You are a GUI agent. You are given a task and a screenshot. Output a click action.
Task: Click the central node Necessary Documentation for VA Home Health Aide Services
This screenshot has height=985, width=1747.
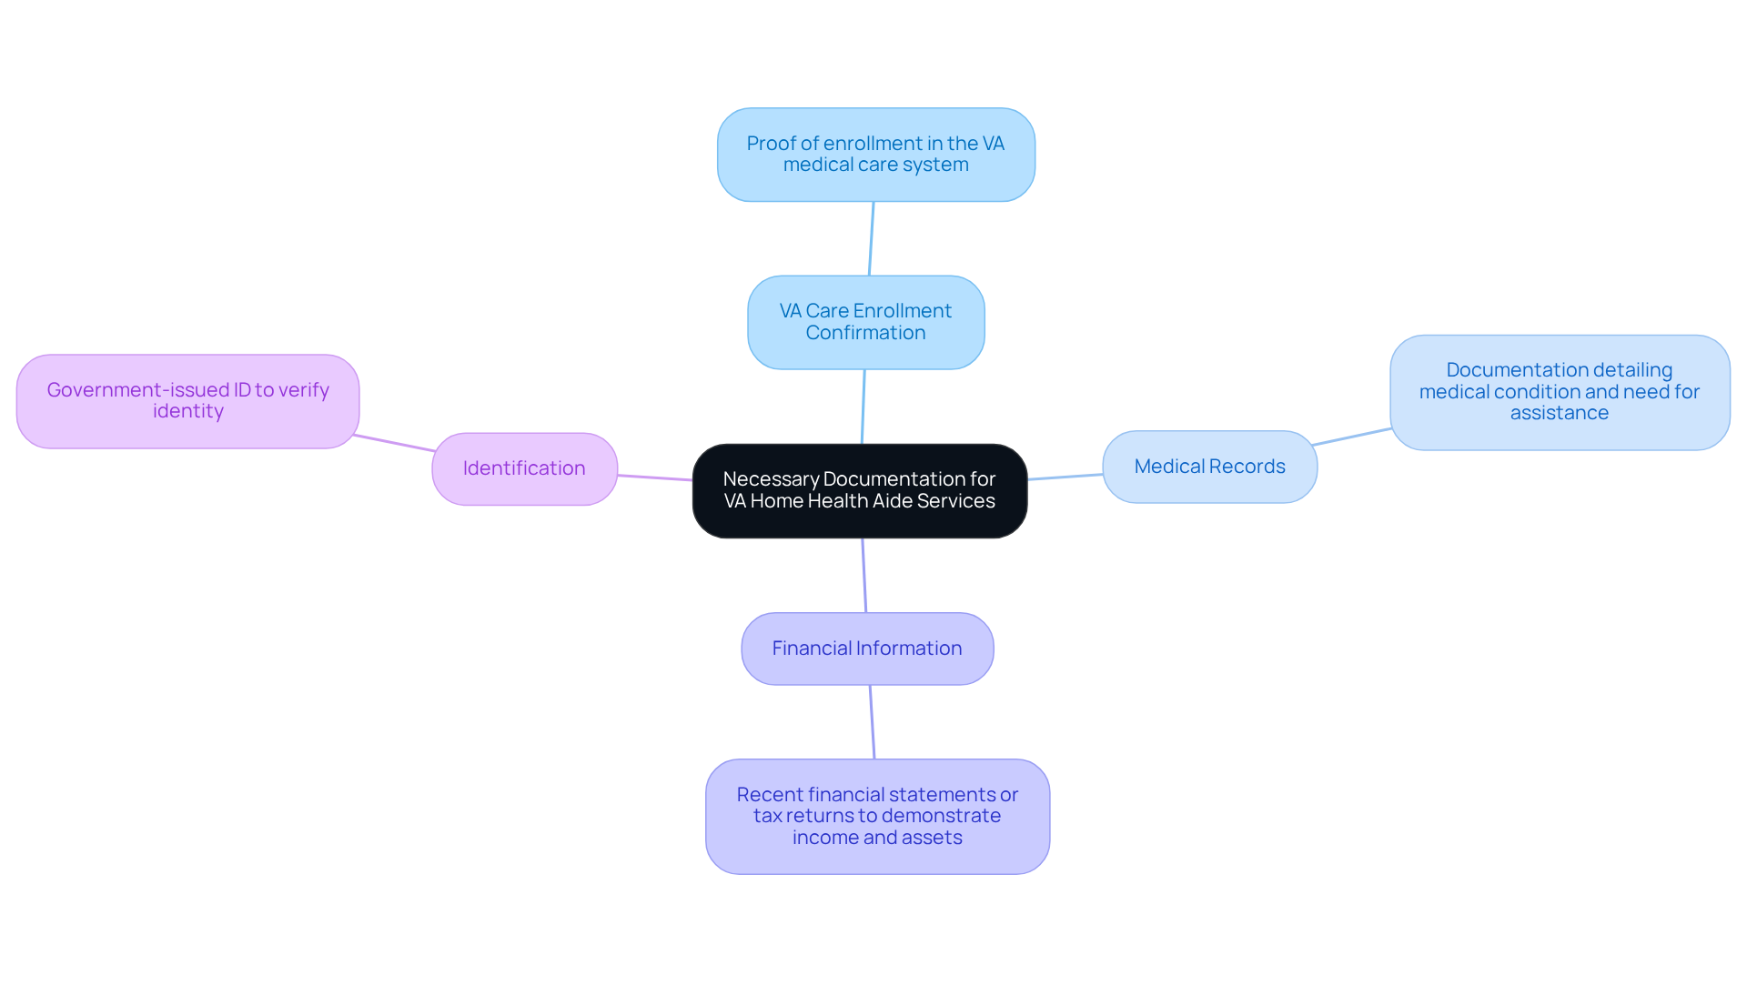click(x=859, y=490)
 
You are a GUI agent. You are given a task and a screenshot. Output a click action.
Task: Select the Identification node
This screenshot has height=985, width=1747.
click(x=524, y=468)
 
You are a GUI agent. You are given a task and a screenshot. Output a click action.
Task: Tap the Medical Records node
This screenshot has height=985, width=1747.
click(x=1209, y=467)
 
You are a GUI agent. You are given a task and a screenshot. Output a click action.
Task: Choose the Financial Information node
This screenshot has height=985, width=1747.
click(x=866, y=648)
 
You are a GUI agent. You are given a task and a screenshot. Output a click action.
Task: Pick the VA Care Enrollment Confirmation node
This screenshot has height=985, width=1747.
click(x=865, y=322)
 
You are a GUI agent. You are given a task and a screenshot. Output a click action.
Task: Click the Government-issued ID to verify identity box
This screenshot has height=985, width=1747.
click(x=187, y=400)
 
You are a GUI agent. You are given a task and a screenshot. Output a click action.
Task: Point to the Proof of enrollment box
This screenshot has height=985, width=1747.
click(x=875, y=155)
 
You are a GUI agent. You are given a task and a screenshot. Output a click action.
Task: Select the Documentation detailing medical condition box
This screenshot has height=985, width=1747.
click(x=1559, y=392)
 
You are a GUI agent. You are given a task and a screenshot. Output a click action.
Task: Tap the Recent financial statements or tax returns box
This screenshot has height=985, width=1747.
click(x=877, y=816)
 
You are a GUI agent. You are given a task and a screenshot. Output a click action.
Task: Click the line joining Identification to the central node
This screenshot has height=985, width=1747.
click(x=655, y=477)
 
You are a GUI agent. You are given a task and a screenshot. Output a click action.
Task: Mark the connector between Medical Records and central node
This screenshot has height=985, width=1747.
click(x=1065, y=477)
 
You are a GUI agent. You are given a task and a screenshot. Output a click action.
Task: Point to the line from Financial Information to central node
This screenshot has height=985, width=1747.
click(x=864, y=575)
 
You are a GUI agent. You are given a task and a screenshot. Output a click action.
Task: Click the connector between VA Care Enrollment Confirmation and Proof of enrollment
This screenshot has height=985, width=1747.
click(x=872, y=238)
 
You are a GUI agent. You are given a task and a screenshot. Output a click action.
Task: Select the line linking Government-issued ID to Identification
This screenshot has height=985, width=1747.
click(x=394, y=443)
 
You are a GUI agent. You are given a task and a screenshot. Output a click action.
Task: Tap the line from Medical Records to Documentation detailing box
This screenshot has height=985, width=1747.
click(x=1352, y=437)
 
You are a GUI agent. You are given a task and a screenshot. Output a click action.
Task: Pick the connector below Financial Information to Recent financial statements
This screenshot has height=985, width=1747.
click(x=873, y=722)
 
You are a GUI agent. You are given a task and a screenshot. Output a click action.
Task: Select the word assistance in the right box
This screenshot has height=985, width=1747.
click(x=1559, y=413)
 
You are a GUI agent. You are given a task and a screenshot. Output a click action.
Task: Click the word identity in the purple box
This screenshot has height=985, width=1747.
click(x=187, y=411)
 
